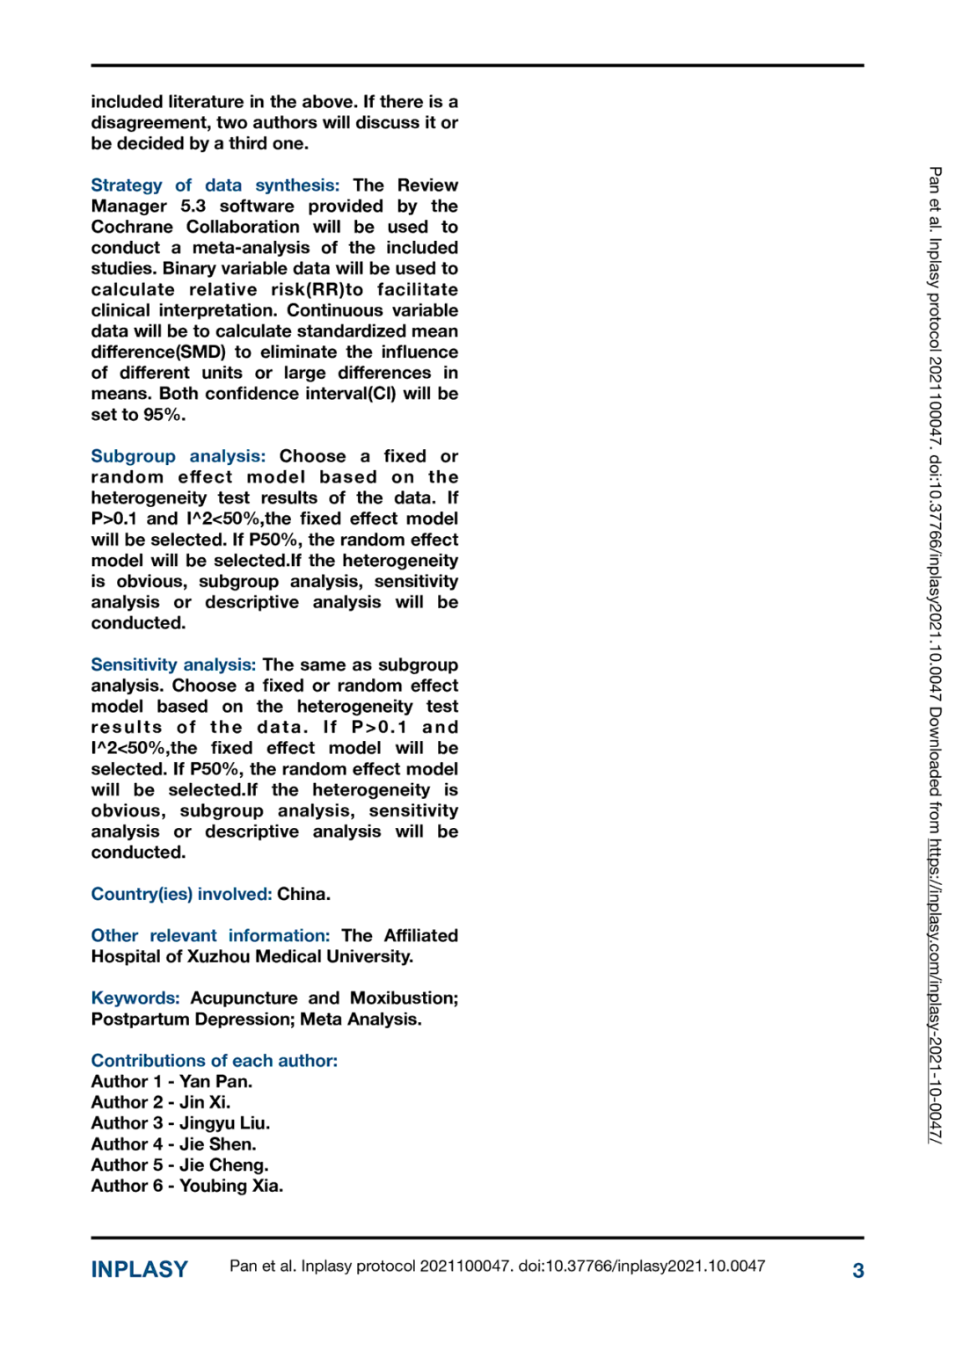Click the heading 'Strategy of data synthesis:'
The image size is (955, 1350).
pyautogui.click(x=215, y=185)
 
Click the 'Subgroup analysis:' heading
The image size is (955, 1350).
pyautogui.click(x=178, y=456)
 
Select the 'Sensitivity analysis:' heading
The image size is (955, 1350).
pyautogui.click(x=173, y=665)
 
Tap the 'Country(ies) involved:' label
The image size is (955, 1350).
pyautogui.click(x=181, y=895)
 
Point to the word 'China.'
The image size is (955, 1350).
pyautogui.click(x=304, y=895)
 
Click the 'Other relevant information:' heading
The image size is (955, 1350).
pyautogui.click(x=210, y=936)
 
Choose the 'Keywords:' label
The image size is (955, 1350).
pyautogui.click(x=135, y=998)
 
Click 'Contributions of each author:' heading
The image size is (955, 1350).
pyautogui.click(x=215, y=1061)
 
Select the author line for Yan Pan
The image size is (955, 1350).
pyautogui.click(x=171, y=1082)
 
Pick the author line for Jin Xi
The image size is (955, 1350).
pyautogui.click(x=161, y=1103)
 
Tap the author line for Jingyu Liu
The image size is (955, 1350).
pyautogui.click(x=180, y=1123)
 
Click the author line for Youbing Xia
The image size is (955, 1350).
pyautogui.click(x=187, y=1187)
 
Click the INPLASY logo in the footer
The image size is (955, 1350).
pyautogui.click(x=140, y=1270)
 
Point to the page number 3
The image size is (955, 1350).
pyautogui.click(x=858, y=1271)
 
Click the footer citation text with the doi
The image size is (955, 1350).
pyautogui.click(x=497, y=1267)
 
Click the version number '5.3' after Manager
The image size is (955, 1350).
pyautogui.click(x=193, y=207)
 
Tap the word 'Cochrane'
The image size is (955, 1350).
pyautogui.click(x=132, y=228)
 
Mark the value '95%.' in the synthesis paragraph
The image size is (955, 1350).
pyautogui.click(x=164, y=415)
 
